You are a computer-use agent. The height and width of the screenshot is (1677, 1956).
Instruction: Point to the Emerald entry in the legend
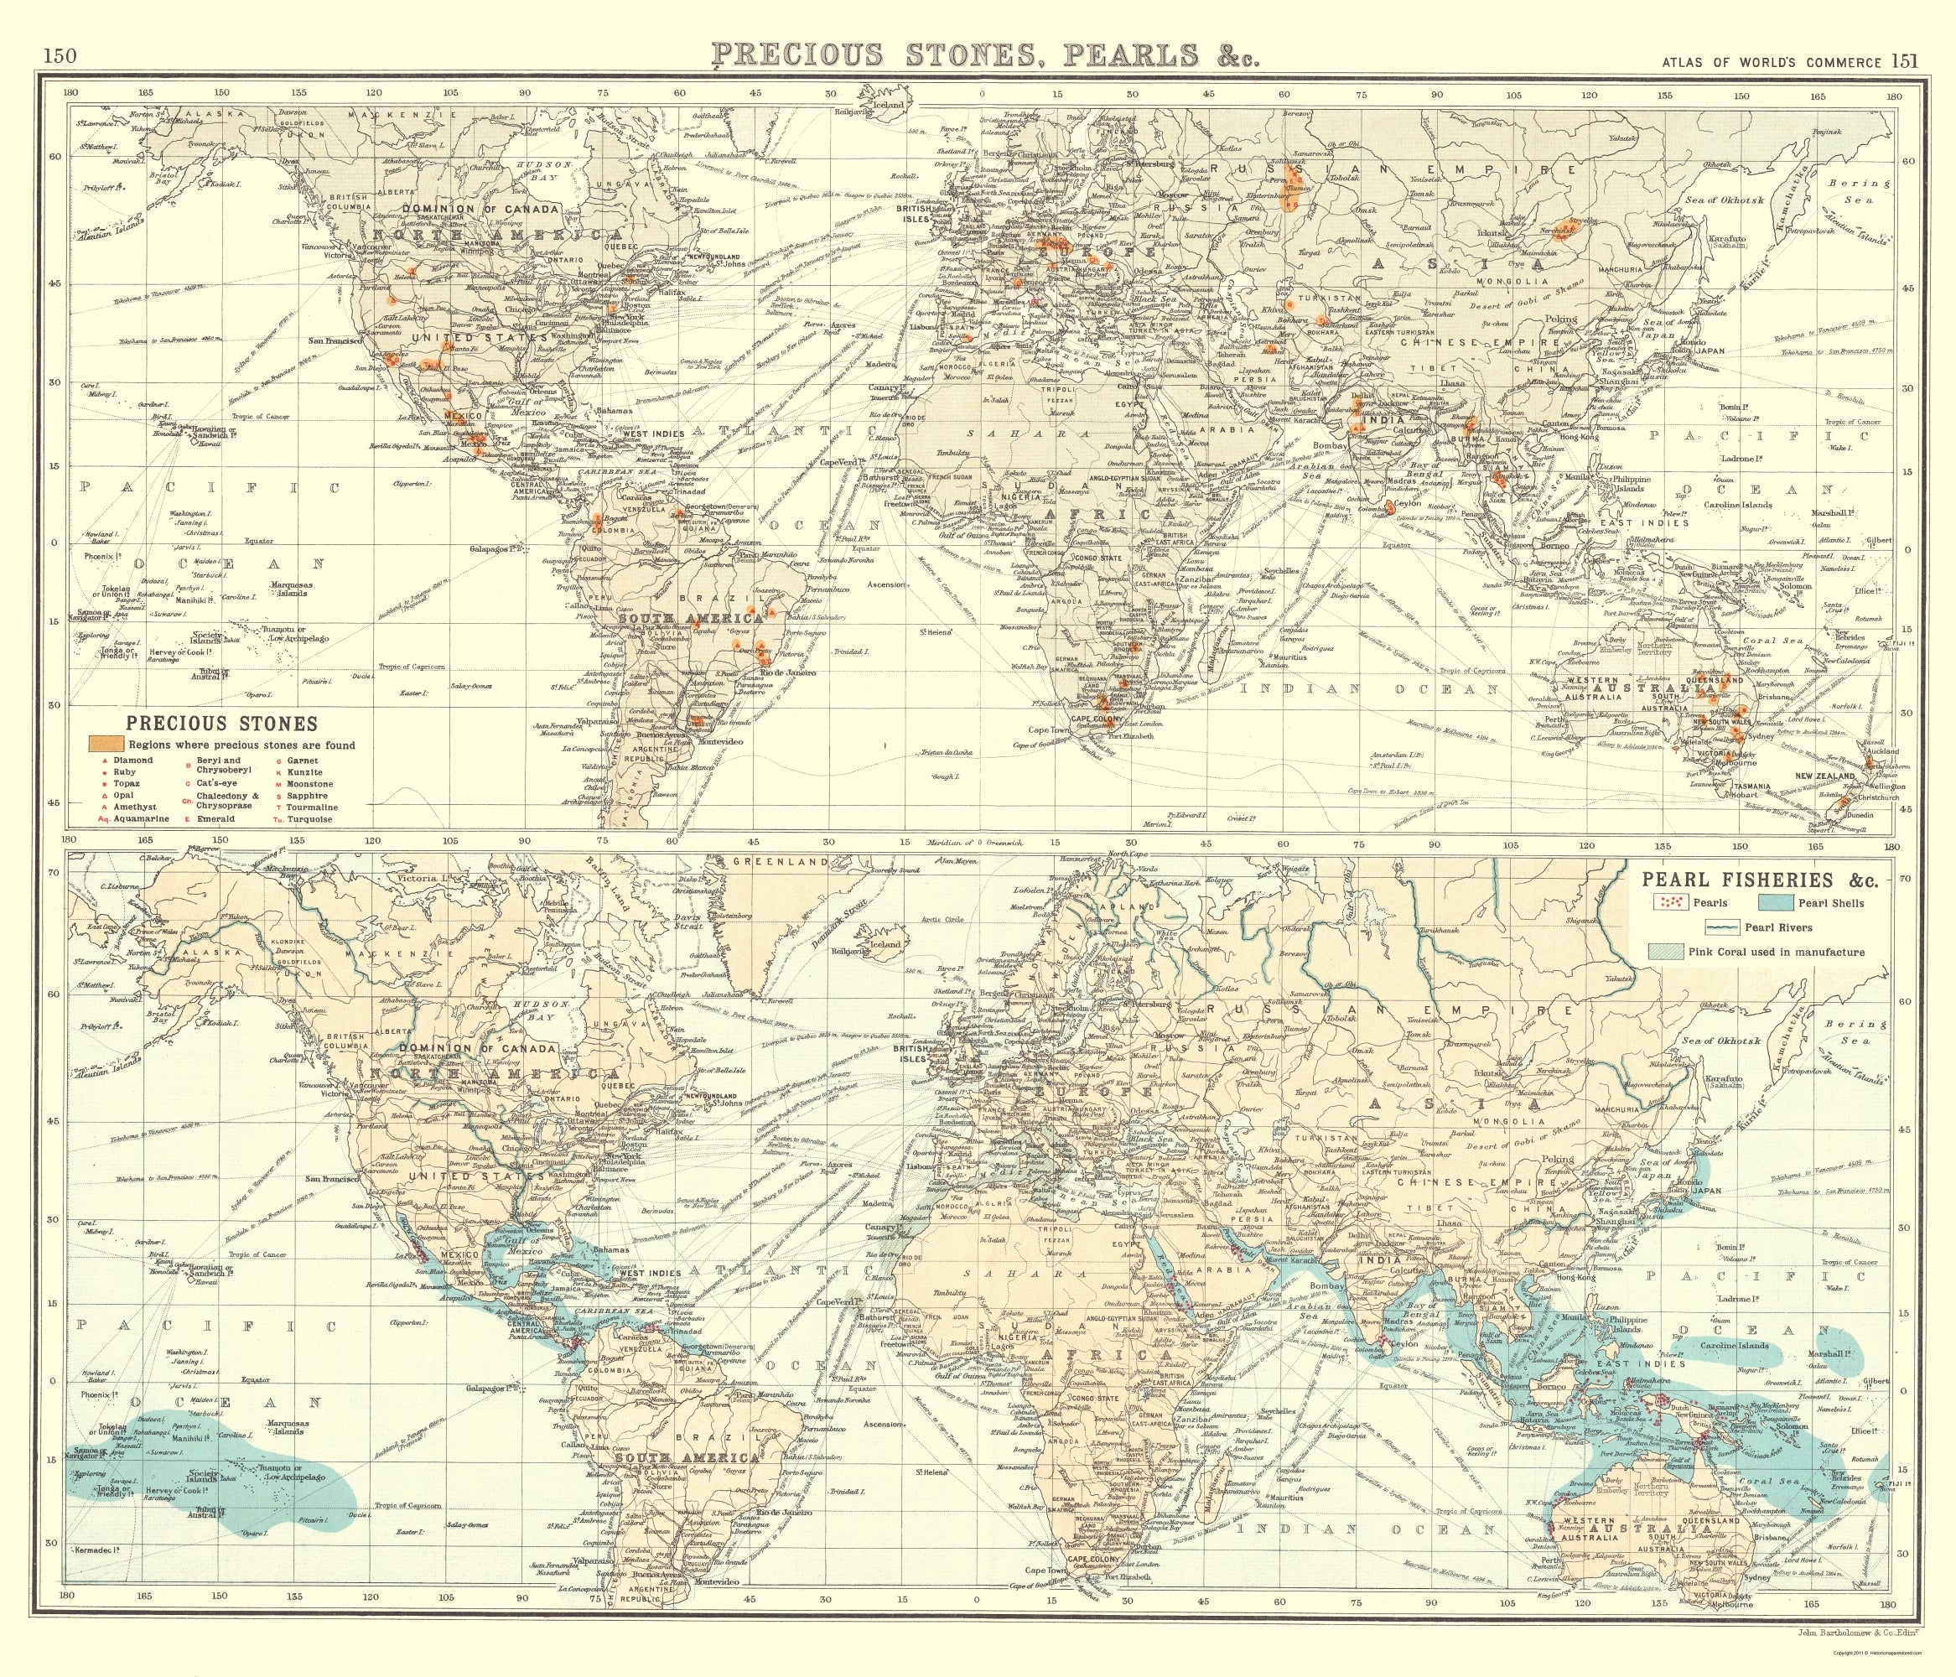(216, 818)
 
